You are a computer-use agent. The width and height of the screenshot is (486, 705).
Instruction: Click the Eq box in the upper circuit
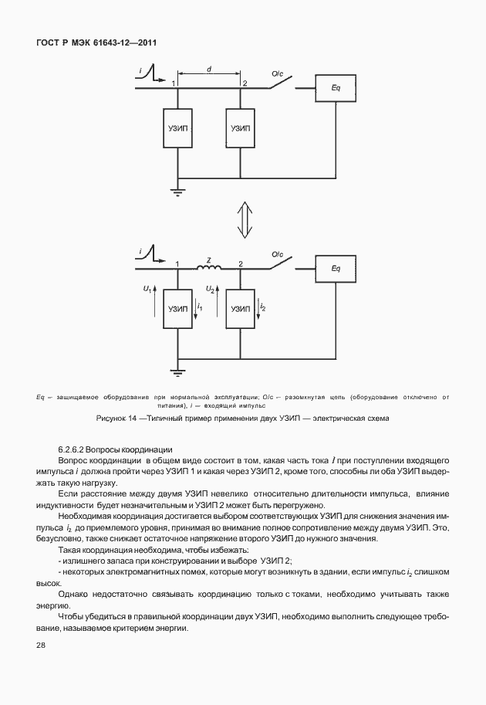click(x=336, y=87)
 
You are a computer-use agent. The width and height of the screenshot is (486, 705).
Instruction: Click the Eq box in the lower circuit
click(x=336, y=268)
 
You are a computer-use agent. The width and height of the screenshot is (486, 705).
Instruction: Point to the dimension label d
click(x=209, y=69)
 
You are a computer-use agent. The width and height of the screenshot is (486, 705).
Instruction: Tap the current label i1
click(x=200, y=307)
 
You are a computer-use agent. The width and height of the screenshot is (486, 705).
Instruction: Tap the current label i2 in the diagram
click(x=262, y=307)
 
